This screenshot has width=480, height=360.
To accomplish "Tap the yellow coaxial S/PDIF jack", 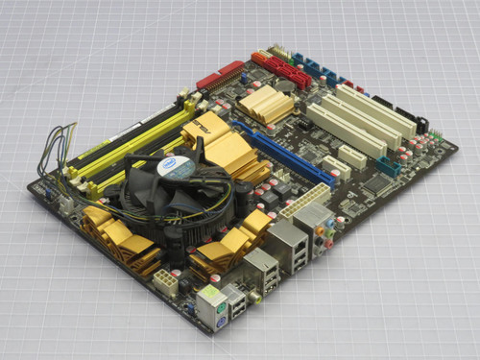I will point(254,298).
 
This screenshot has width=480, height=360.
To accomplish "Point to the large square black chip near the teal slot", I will point(375,183).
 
